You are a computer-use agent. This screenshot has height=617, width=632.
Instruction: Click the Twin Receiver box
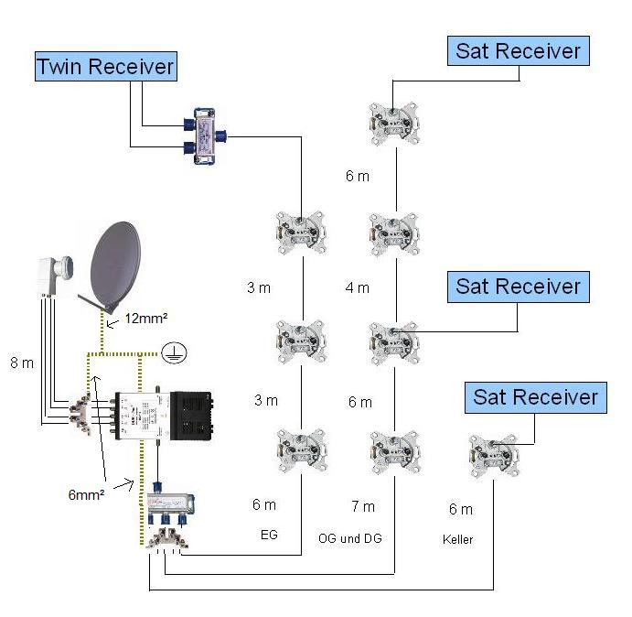[104, 66]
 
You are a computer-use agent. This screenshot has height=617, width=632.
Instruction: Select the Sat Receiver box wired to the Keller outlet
[535, 397]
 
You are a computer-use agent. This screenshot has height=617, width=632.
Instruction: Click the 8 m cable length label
[20, 363]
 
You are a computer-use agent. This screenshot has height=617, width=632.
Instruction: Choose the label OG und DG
[348, 537]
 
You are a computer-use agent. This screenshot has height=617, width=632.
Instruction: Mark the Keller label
[457, 539]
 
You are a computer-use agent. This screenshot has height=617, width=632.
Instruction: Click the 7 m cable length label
[362, 506]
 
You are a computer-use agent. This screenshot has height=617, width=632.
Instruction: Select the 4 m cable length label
[358, 287]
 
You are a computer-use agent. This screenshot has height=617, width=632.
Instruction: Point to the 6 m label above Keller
[460, 509]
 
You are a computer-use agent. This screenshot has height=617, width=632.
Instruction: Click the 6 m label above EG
[263, 504]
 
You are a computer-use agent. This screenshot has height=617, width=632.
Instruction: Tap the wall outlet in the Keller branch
[491, 452]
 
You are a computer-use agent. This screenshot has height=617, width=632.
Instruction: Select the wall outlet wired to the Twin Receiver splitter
[302, 232]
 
